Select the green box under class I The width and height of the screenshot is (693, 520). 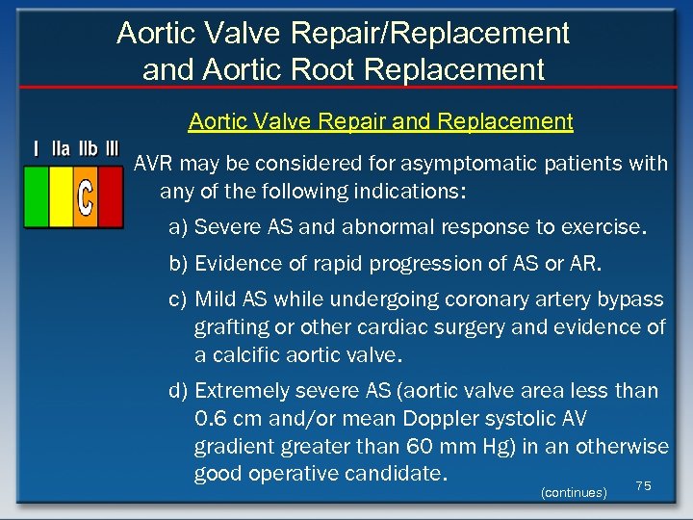point(36,196)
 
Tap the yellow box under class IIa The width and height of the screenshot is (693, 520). point(61,196)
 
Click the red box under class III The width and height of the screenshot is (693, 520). point(111,196)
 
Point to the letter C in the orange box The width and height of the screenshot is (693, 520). point(86,197)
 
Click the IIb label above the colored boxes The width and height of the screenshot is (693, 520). point(86,149)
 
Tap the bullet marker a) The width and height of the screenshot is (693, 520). point(178,228)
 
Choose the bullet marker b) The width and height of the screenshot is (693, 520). point(178,264)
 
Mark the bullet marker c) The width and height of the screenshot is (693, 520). point(178,299)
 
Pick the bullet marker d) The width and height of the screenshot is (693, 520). point(178,391)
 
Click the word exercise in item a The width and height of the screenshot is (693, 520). point(606,228)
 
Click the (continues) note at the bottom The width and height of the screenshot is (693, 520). point(574,492)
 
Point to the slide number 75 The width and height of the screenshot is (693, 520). point(644,486)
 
